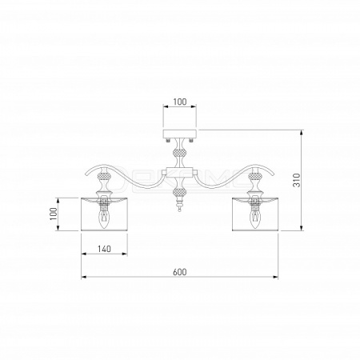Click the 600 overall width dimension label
(180, 272)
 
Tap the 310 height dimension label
(297, 180)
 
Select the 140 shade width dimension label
(104, 249)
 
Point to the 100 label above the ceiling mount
(180, 102)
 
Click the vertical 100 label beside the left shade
(54, 214)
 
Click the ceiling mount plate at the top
(180, 134)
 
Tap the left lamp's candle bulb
(104, 218)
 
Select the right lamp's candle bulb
(254, 218)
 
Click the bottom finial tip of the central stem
(180, 210)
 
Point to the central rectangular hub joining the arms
(180, 172)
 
